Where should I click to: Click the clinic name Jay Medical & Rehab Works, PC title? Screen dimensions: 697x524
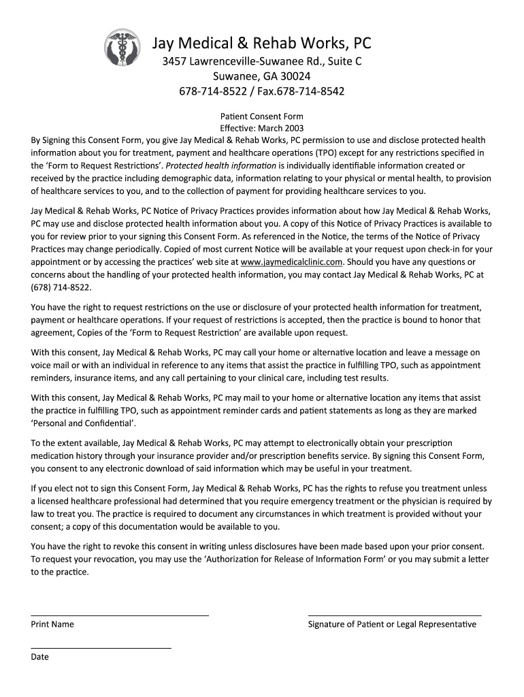tap(261, 44)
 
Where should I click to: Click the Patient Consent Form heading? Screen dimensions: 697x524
tap(262, 116)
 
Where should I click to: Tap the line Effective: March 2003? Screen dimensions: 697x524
tap(262, 128)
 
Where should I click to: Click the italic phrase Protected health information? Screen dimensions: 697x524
tap(221, 165)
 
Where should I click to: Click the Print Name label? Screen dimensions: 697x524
tap(52, 624)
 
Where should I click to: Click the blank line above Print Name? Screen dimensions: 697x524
tap(120, 615)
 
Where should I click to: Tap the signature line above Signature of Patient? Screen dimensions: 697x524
tap(395, 615)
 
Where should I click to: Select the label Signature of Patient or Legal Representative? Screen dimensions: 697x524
tap(392, 624)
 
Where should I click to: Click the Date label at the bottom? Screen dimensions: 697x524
tap(40, 657)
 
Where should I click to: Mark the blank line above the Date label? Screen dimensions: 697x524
tap(101, 648)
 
